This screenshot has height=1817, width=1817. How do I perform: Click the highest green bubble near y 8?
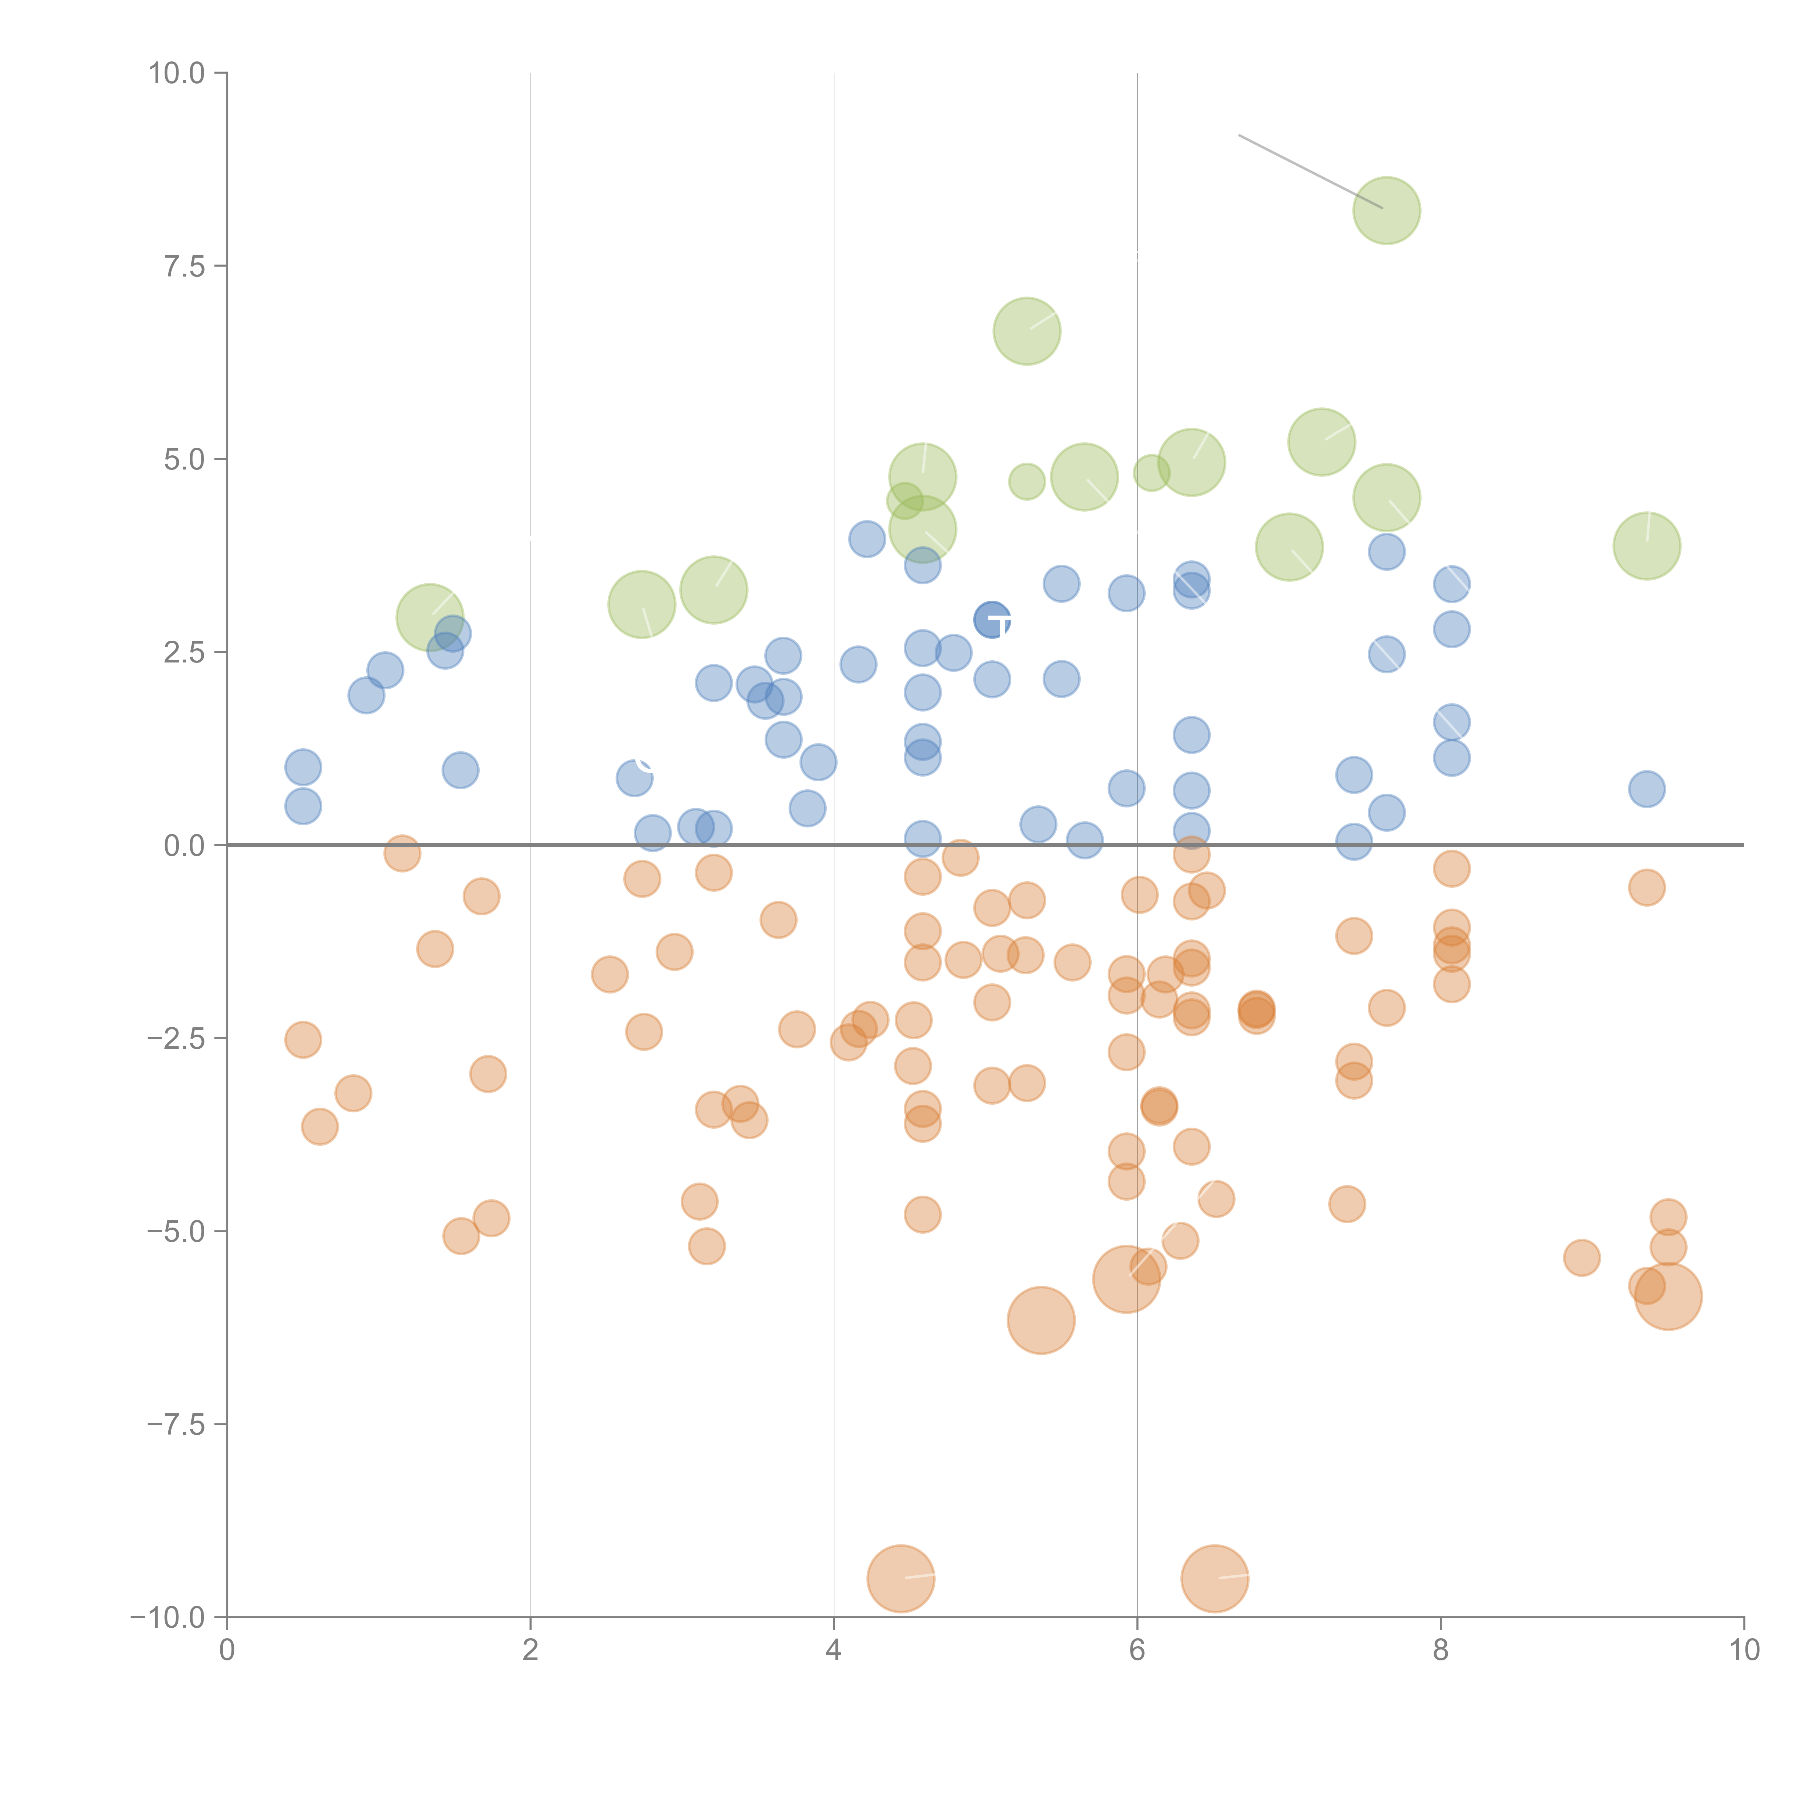[x=1386, y=211]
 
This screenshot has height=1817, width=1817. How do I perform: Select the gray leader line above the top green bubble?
[x=1310, y=171]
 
